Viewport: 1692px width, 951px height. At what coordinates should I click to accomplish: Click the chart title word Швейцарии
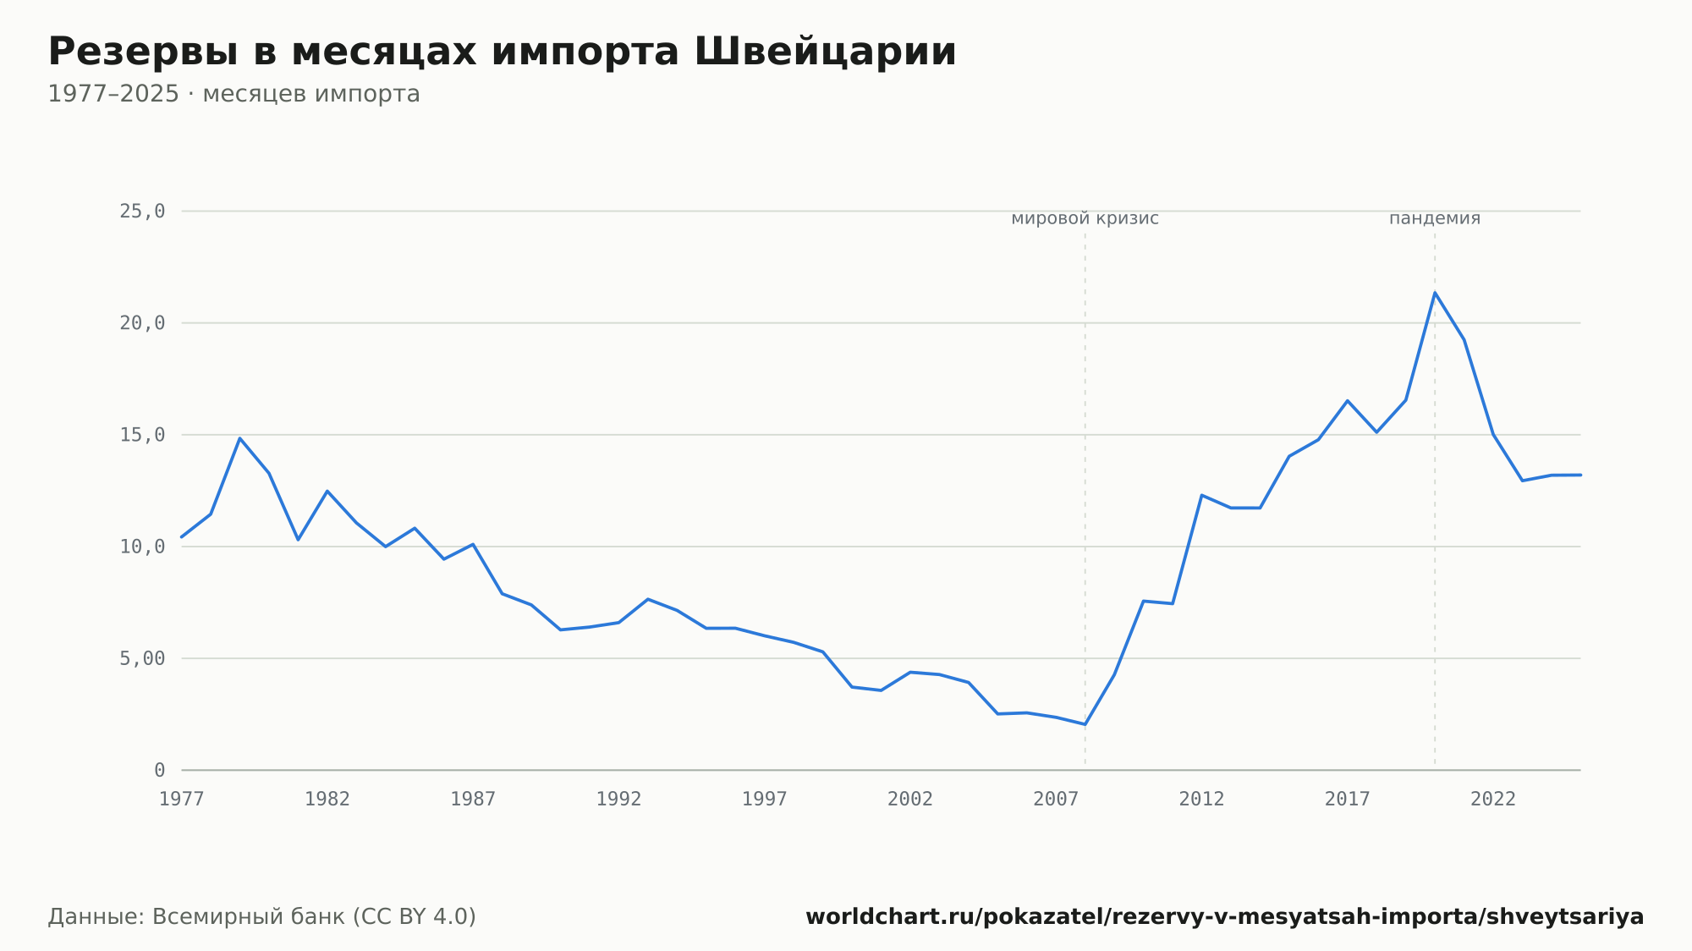tap(825, 52)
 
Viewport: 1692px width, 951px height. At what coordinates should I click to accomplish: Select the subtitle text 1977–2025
tap(113, 94)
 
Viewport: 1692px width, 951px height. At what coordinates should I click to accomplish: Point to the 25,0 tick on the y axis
tap(142, 212)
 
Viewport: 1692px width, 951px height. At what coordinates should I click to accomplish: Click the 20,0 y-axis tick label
tap(142, 323)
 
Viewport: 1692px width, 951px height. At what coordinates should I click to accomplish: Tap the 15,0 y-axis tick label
tap(142, 435)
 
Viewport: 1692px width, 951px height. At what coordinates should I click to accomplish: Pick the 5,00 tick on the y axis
tap(142, 658)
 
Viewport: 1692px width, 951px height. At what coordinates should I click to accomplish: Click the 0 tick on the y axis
tap(160, 770)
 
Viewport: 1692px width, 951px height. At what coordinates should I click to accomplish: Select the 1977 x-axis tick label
tap(182, 800)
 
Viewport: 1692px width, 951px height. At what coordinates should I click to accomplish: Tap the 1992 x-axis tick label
tap(619, 800)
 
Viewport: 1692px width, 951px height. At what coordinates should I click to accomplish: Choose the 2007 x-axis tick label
tap(1056, 800)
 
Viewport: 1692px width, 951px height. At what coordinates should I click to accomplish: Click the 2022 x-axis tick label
tap(1493, 800)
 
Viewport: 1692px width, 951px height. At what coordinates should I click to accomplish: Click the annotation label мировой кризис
tap(1085, 219)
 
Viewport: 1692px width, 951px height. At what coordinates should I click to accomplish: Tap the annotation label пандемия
tap(1435, 218)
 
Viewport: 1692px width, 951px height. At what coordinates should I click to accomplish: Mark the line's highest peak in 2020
tap(1435, 293)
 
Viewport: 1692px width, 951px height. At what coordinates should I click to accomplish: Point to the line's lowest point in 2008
tap(1085, 724)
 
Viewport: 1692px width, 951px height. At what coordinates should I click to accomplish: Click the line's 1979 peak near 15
tap(240, 438)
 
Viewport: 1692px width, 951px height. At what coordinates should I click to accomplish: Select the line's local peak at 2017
tap(1348, 401)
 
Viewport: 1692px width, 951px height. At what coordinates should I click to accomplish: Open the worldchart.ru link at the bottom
tap(1225, 917)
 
